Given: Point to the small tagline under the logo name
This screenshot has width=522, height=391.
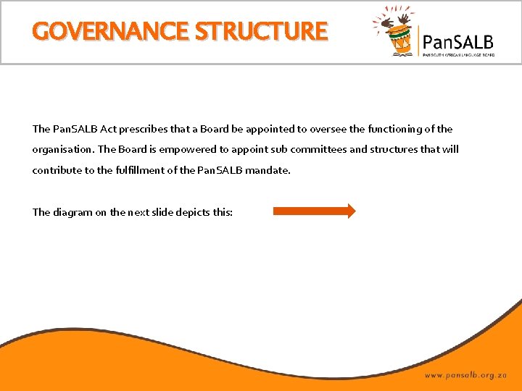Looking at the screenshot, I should [458, 54].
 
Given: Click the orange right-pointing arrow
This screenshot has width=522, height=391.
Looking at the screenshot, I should [314, 211].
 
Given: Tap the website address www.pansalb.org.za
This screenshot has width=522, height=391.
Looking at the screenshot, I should [466, 376].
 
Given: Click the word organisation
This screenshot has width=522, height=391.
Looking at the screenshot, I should [62, 150].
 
